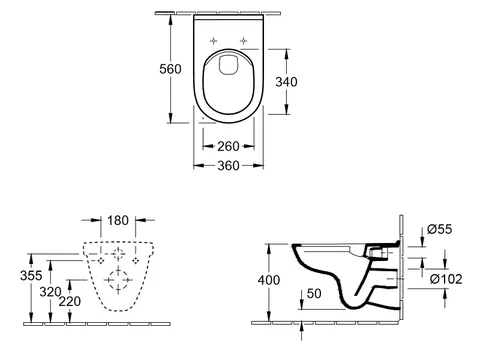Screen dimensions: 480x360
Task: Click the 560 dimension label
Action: [170, 69]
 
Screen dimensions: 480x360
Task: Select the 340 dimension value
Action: [286, 82]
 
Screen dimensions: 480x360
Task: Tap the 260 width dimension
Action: [228, 146]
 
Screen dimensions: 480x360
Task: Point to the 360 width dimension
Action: [228, 165]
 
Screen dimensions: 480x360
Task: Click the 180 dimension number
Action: [118, 220]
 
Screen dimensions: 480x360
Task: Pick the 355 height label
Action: [31, 276]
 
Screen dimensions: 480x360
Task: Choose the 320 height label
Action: [51, 292]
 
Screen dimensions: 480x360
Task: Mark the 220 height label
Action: [70, 302]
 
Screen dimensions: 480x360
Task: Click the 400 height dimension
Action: [269, 280]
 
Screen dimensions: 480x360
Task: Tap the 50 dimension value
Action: [314, 294]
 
